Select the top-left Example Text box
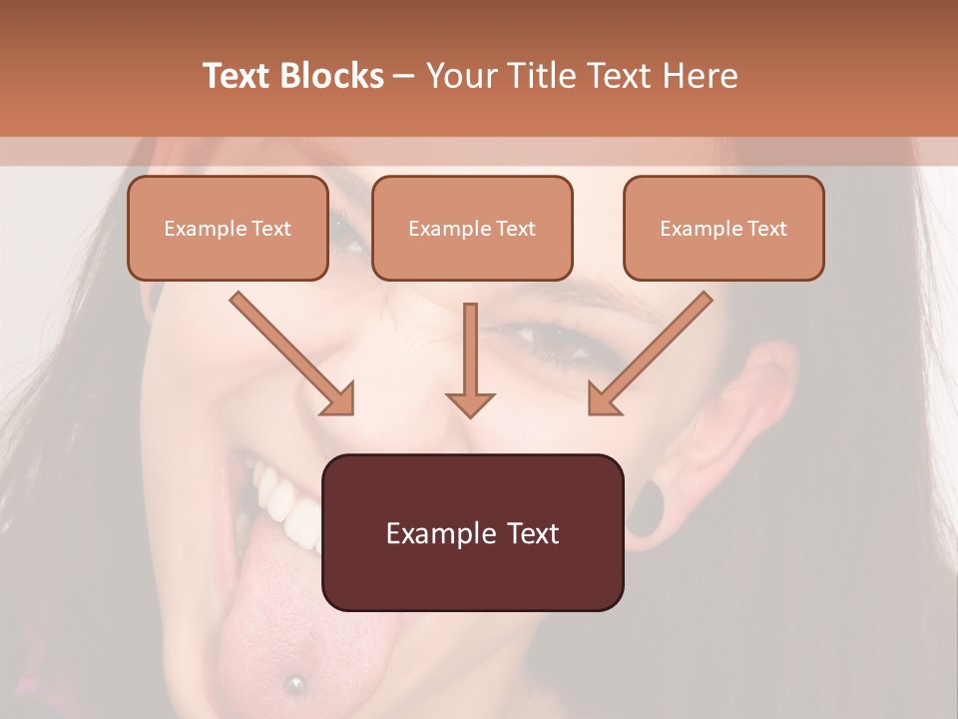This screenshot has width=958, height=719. (x=228, y=228)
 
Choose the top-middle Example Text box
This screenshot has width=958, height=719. (x=472, y=228)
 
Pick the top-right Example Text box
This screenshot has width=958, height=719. (x=723, y=228)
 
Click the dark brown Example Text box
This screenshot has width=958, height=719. (x=472, y=532)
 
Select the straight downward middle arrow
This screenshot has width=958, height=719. (x=470, y=359)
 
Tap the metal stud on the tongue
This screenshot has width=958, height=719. (x=294, y=683)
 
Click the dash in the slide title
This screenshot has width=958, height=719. (x=404, y=77)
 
